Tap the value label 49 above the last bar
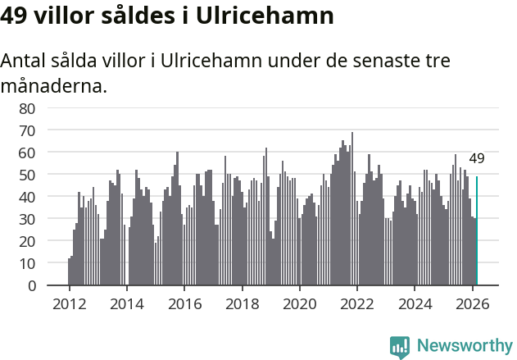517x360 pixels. tap(477, 159)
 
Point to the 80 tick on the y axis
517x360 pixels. tap(27, 108)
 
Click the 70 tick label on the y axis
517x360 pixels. tap(27, 130)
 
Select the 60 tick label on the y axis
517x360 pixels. tap(27, 153)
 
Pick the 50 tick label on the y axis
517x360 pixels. tap(27, 175)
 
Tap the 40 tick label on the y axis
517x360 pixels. tap(27, 197)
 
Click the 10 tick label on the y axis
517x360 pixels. tap(27, 263)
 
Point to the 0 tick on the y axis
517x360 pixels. tap(31, 285)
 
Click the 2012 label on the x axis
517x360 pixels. tap(69, 303)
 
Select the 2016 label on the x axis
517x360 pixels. tap(184, 303)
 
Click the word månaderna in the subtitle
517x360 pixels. tap(54, 85)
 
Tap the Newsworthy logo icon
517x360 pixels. tap(400, 346)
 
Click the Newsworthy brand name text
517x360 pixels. tap(465, 346)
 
